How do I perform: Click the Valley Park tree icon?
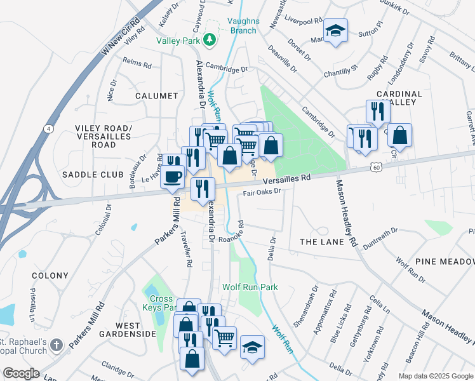tap(210, 41)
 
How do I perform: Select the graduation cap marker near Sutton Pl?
tap(335, 30)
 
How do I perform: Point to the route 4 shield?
tap(48, 129)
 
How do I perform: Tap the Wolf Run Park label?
tap(250, 287)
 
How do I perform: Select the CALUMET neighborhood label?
tap(156, 96)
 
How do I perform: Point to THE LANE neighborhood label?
tap(321, 242)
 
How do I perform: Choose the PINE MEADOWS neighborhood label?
tap(445, 262)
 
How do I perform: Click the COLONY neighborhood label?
tap(50, 276)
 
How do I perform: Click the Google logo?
tap(21, 373)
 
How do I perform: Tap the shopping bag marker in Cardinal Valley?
tap(399, 135)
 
